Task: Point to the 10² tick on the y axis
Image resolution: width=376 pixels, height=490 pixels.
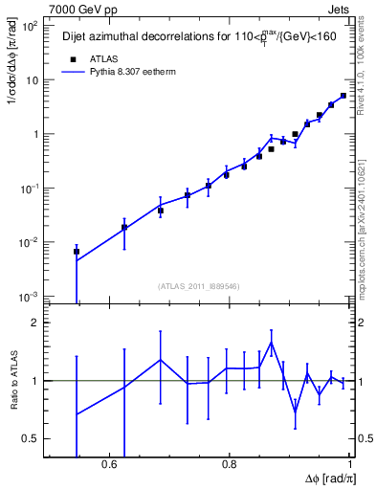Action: tap(29, 26)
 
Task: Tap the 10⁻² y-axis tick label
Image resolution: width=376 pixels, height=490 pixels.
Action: tap(29, 242)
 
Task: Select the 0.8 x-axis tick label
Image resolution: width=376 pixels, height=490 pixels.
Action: tap(230, 464)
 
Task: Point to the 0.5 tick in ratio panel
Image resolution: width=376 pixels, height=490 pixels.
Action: tap(31, 438)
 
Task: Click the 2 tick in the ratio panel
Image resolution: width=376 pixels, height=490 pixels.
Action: tap(35, 323)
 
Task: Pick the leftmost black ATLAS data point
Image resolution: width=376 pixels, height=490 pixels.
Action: tap(77, 252)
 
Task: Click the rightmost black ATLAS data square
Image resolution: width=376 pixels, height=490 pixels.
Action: tap(343, 96)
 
